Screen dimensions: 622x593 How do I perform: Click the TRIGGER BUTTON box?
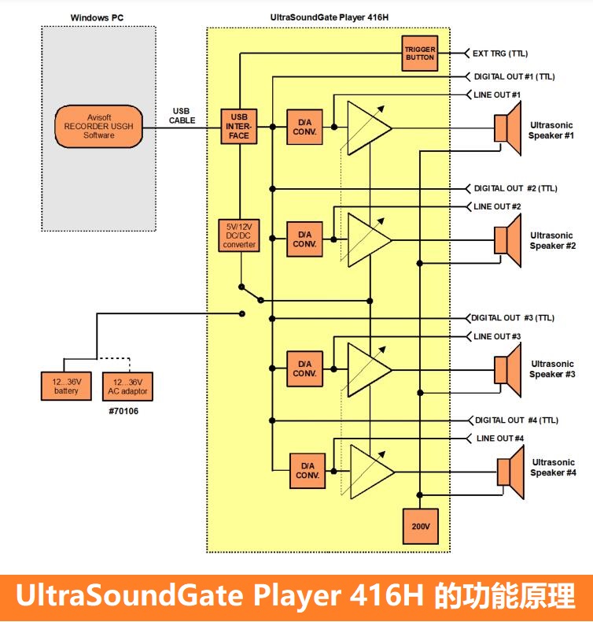419,54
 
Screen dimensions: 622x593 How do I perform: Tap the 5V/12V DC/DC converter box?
239,235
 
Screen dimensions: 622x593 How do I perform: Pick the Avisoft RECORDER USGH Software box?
99,126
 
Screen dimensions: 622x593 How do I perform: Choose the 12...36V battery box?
66,386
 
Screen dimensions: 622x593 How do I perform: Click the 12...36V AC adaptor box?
127,386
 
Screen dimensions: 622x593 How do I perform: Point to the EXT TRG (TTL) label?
501,54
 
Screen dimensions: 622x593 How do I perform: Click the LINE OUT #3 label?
497,336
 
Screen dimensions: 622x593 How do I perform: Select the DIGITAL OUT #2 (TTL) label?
515,188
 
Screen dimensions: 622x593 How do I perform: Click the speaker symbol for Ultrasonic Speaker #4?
510,472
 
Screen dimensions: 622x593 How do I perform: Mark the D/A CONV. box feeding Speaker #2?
304,239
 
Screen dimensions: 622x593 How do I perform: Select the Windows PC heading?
96,16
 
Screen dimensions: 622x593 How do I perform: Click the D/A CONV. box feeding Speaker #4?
308,470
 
